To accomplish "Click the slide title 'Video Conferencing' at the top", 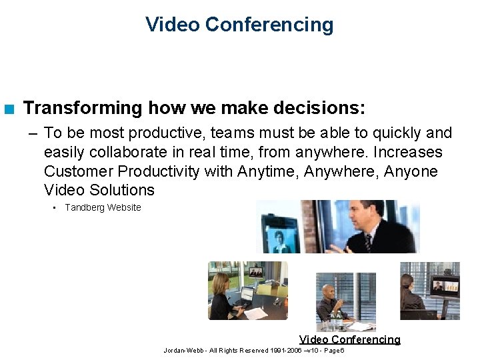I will click(x=239, y=25).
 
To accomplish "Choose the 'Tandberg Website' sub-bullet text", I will click(x=103, y=207).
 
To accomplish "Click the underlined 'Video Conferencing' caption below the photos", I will click(x=349, y=339).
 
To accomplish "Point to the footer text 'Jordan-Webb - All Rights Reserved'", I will click(x=216, y=350).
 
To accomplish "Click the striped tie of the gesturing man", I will click(x=369, y=242).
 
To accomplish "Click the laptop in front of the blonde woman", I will click(x=246, y=295).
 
